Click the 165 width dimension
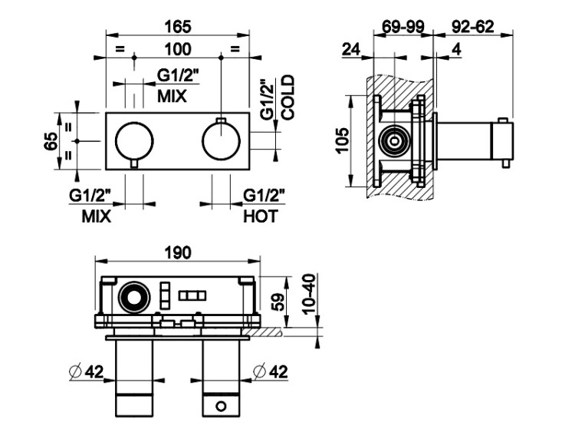tap(178, 27)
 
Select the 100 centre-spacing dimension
tap(178, 50)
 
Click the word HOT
tap(260, 216)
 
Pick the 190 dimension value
tap(178, 253)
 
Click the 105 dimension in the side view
tap(343, 140)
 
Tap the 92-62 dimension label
tap(473, 27)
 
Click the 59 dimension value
tap(280, 300)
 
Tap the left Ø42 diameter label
tap(86, 372)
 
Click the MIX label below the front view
tap(97, 216)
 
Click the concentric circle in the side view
tap(396, 141)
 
